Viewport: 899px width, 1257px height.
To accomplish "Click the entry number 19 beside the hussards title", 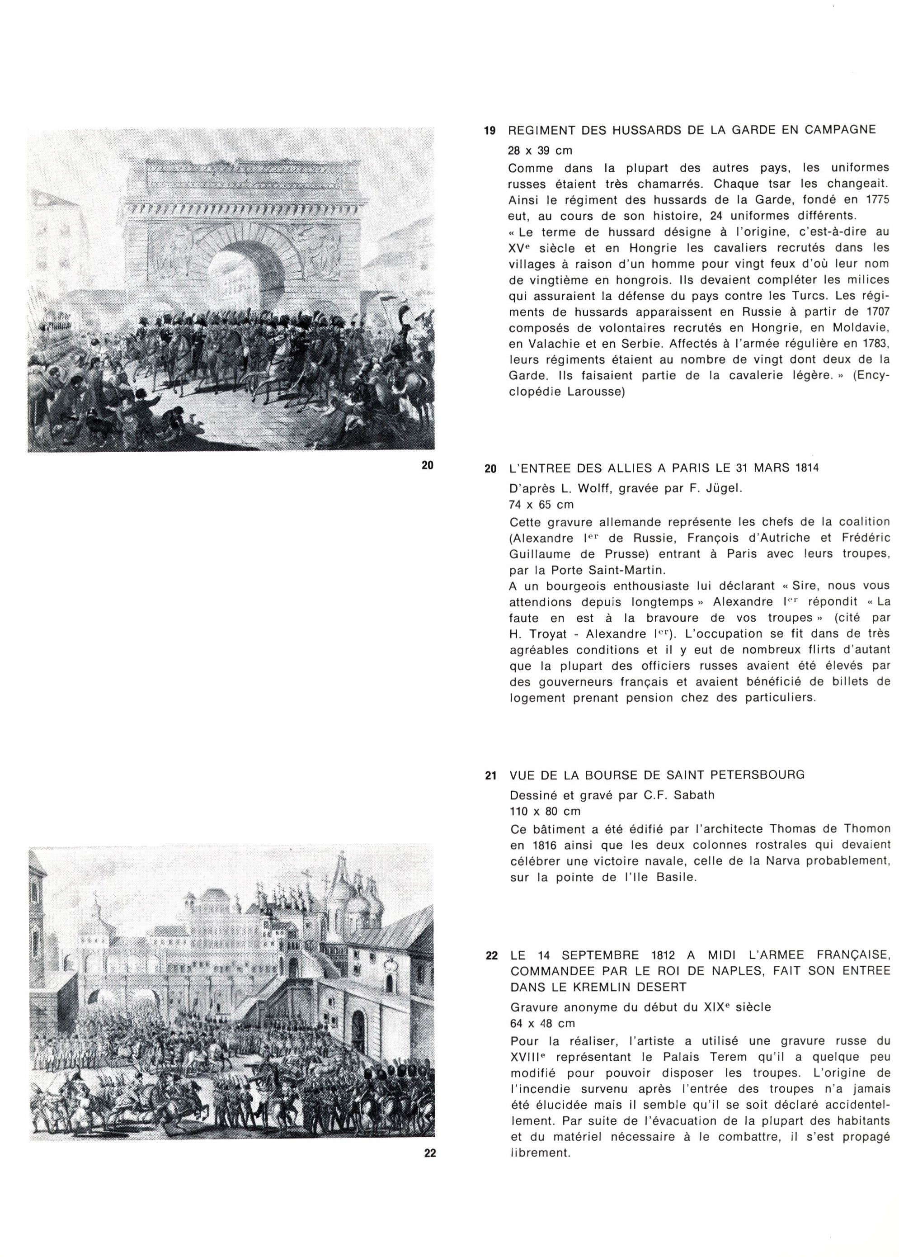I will (490, 131).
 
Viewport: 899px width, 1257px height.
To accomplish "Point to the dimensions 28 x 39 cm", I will (540, 151).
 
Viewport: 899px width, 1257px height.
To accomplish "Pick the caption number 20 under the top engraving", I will (428, 465).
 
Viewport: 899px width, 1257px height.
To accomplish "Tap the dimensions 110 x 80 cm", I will (545, 811).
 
